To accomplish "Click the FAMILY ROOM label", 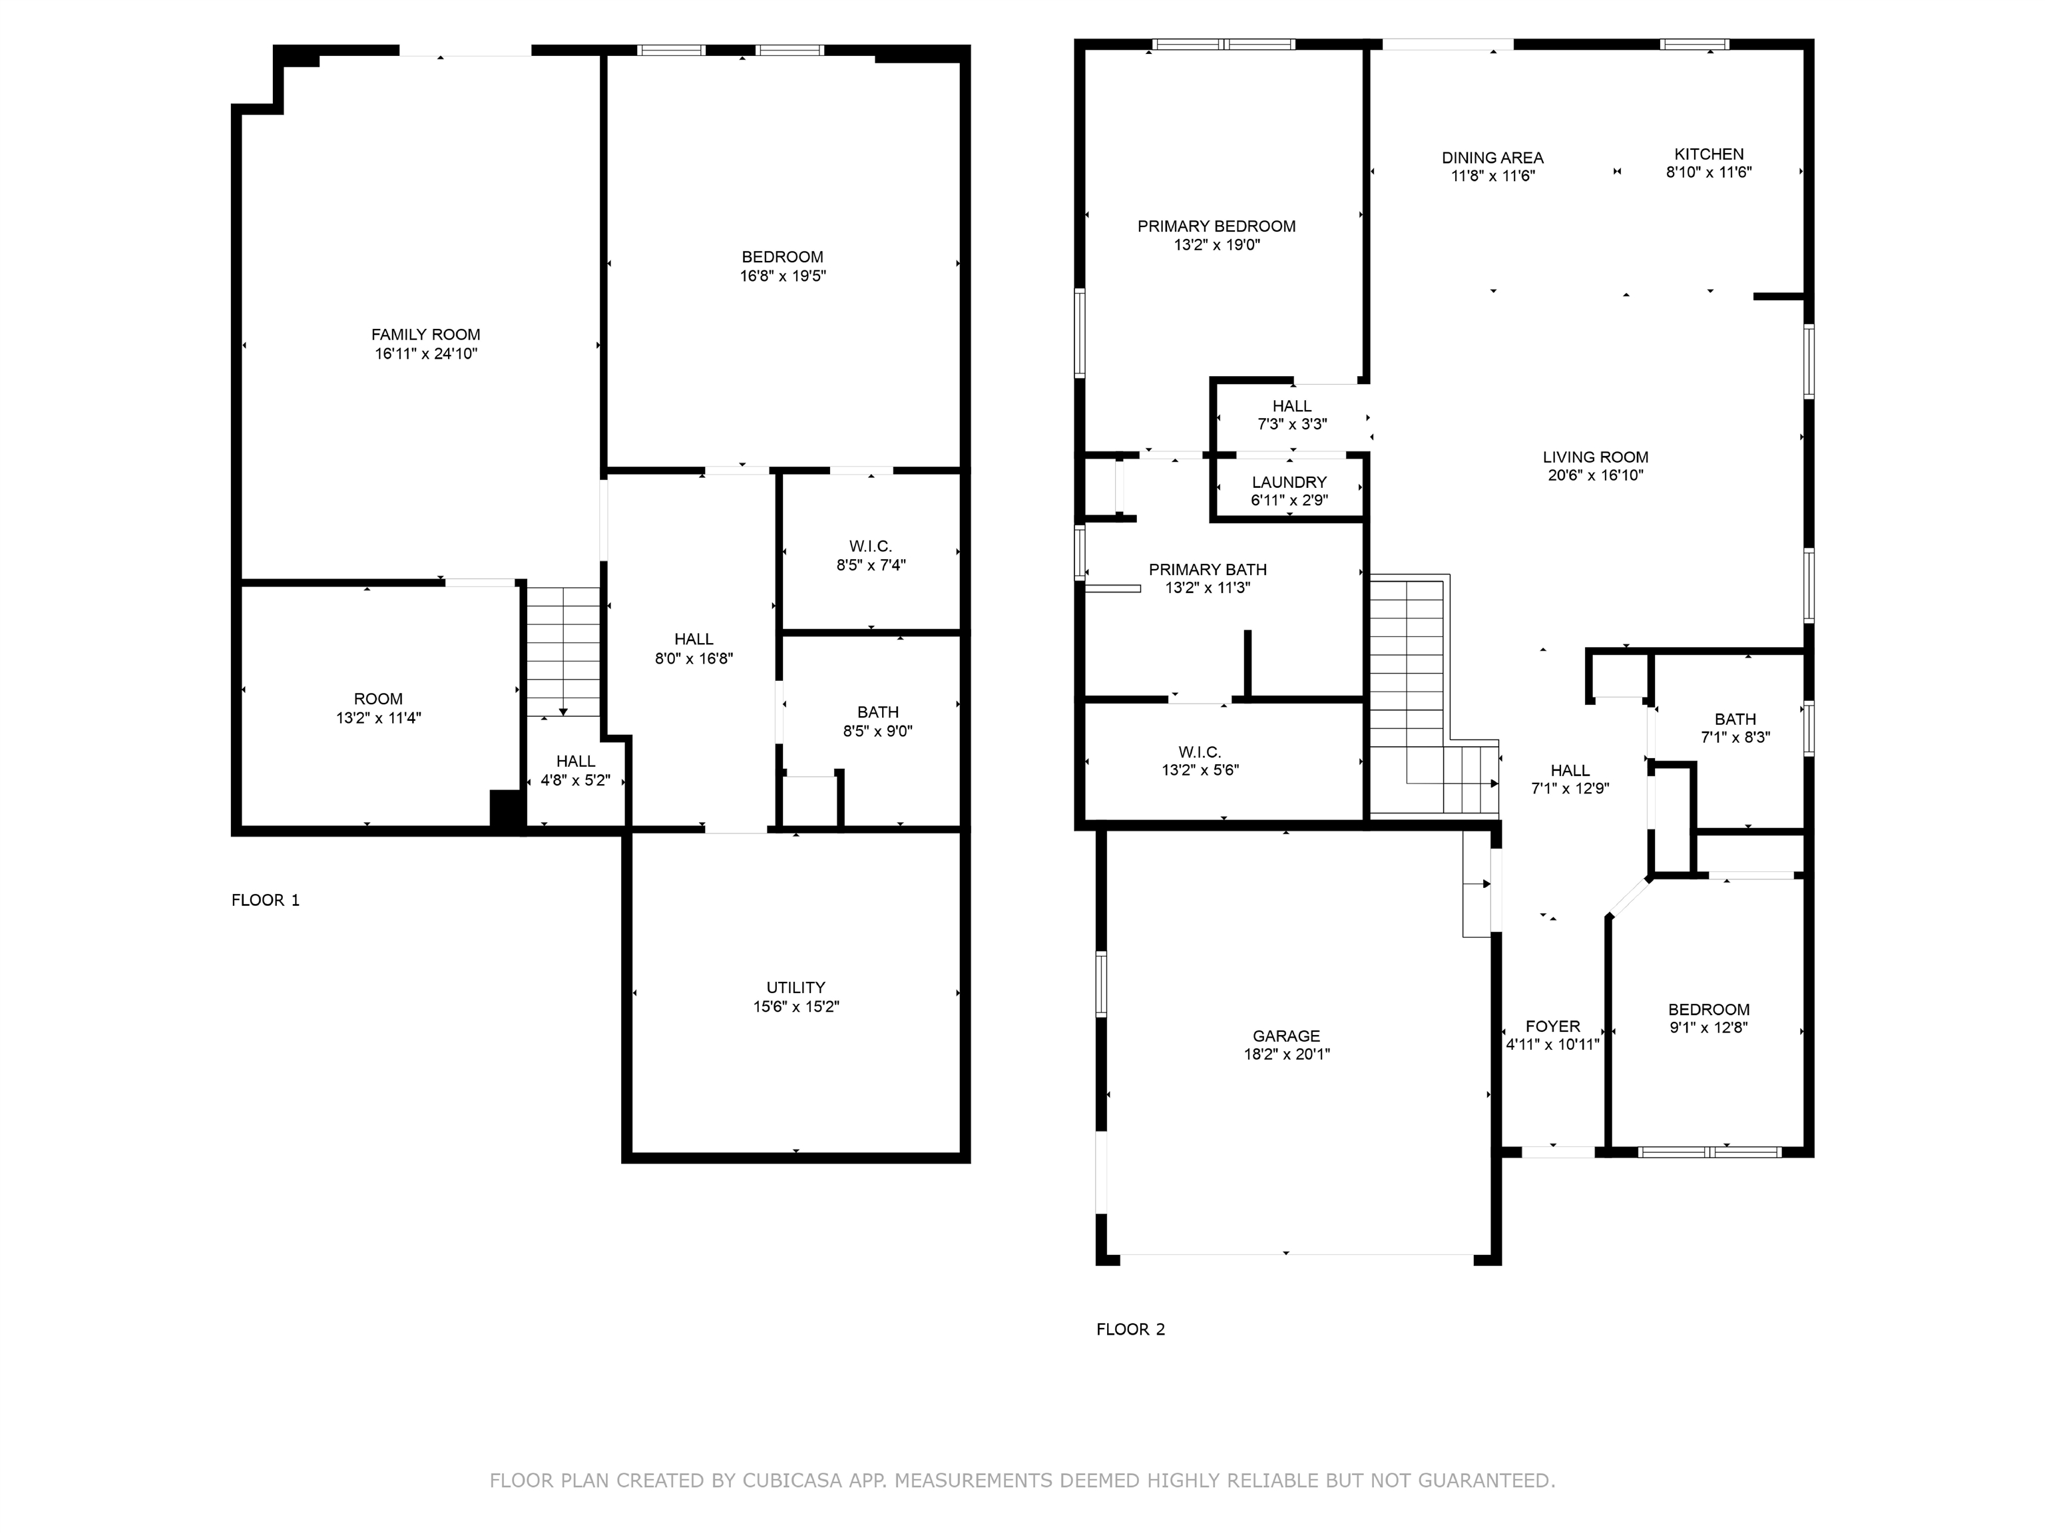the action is pos(425,335).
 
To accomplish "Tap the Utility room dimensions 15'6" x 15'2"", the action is pos(796,1006).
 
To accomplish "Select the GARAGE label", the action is pos(1286,1036).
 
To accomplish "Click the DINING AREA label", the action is pos(1493,158).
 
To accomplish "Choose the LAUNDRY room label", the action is pos(1289,482).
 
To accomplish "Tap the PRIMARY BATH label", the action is pos(1208,570).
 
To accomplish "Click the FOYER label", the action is pos(1552,1026).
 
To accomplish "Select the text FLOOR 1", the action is pos(266,900).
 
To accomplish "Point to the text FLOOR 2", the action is pos(1130,1329).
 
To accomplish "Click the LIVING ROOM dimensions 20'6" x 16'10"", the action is pos(1596,475).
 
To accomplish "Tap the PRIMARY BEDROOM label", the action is pos(1217,226).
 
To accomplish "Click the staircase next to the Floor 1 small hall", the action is pos(563,652).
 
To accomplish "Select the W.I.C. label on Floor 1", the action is pos(871,547).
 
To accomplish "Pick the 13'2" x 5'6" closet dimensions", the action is pos(1200,770).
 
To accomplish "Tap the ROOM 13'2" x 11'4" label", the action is pos(378,699).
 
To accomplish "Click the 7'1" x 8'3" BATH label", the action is pos(1735,720).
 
